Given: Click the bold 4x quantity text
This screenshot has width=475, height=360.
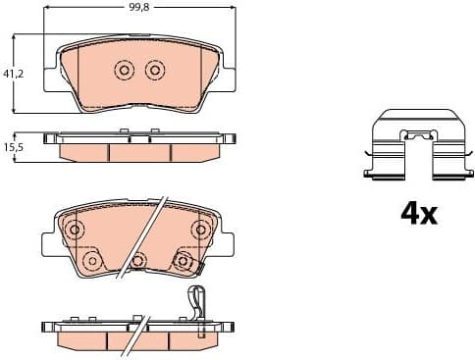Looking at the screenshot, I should (417, 213).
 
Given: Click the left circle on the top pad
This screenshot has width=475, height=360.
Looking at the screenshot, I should (124, 70).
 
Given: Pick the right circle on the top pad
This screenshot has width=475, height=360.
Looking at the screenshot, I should (154, 70).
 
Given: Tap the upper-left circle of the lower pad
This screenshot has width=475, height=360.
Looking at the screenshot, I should (71, 230).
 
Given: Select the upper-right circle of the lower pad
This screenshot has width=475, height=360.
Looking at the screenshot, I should (200, 230).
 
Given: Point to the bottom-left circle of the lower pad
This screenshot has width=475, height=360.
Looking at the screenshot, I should (91, 260).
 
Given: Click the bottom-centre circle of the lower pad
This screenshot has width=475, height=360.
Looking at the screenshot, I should (138, 260).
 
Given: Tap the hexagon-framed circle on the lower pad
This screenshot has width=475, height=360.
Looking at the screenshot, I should (183, 260).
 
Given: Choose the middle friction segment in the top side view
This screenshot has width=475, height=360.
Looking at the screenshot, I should (138, 152).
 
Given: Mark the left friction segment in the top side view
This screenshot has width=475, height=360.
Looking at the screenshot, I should (84, 152).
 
